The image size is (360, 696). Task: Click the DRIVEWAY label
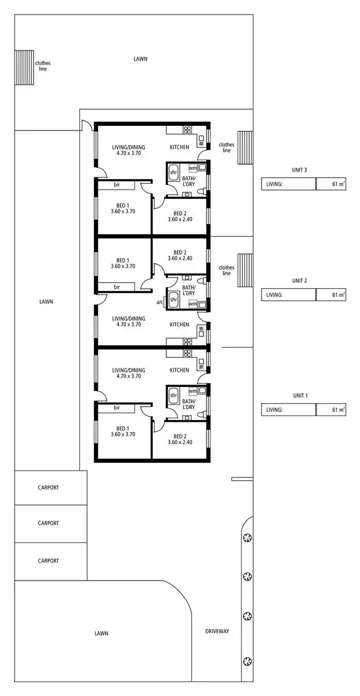217,631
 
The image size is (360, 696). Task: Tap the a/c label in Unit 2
159,302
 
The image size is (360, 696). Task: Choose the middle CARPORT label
48,523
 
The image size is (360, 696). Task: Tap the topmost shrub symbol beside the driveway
248,537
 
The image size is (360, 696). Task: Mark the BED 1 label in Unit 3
122,208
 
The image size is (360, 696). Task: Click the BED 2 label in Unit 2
180,255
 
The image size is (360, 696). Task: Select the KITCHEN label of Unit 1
179,370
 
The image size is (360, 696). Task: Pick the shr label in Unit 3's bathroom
173,172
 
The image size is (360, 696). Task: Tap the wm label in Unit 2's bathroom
192,304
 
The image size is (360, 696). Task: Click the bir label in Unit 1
117,408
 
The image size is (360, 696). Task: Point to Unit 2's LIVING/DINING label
129,321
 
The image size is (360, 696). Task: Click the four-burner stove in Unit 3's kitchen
187,130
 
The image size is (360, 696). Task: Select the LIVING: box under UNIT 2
288,295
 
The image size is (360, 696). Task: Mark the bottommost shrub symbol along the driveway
248,661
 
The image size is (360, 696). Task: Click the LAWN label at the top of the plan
140,59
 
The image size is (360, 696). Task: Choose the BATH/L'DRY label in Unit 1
189,404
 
